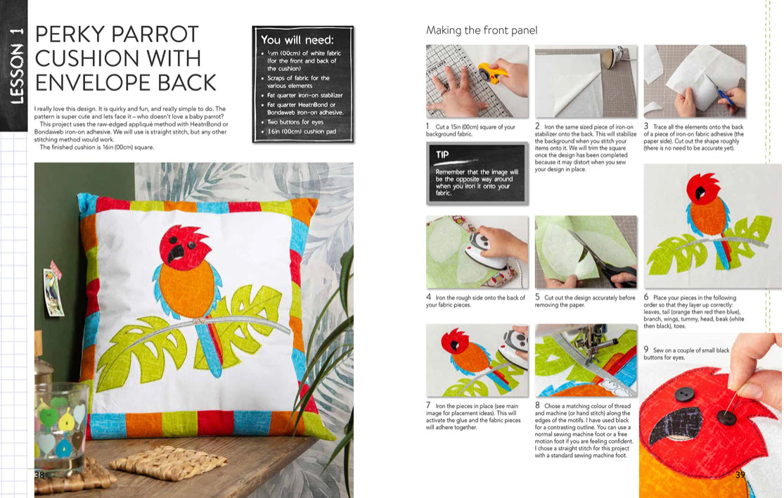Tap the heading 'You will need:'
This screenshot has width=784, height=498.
[x=297, y=39]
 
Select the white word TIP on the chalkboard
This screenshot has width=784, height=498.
[x=442, y=155]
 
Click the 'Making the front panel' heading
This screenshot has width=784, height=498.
[x=482, y=30]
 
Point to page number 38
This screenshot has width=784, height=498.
[x=39, y=475]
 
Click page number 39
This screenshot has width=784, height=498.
[x=740, y=475]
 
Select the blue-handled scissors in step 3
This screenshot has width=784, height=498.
[x=721, y=91]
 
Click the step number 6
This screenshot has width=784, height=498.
[x=646, y=297]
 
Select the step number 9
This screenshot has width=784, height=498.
[x=646, y=350]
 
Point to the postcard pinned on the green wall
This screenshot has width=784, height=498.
[x=53, y=292]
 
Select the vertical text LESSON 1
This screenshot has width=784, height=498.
[x=16, y=65]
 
